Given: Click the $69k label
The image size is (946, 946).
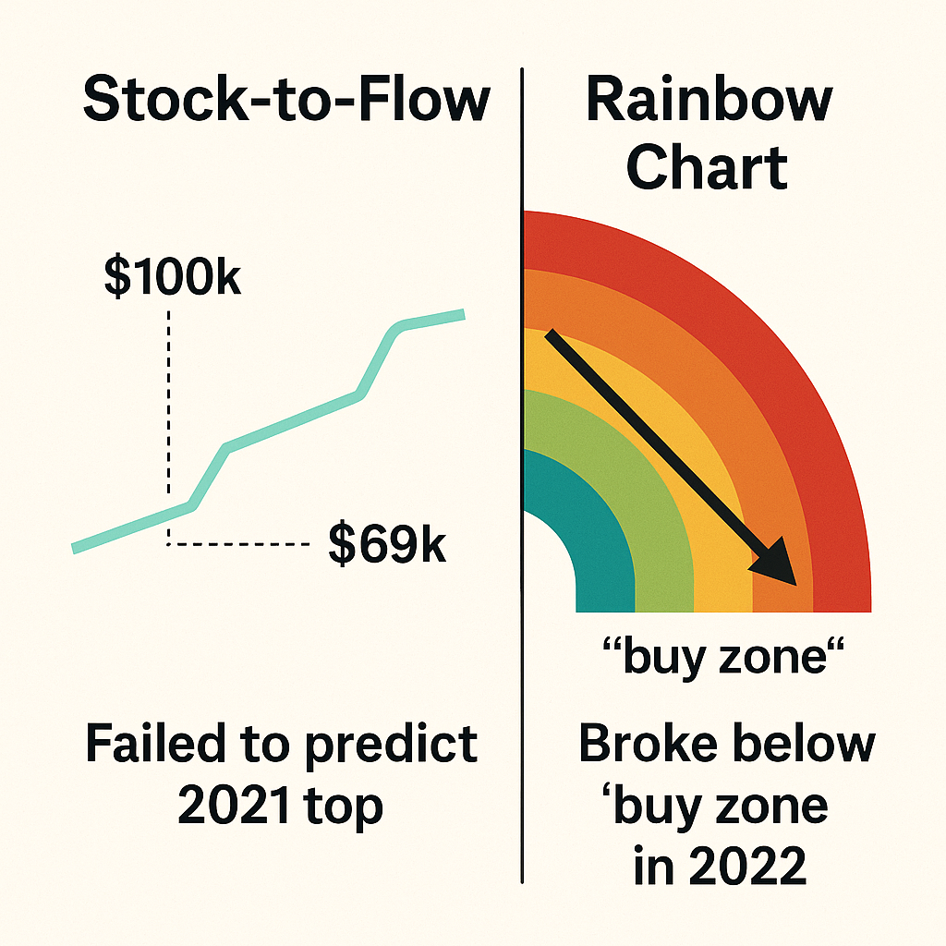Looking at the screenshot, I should coord(387,545).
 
